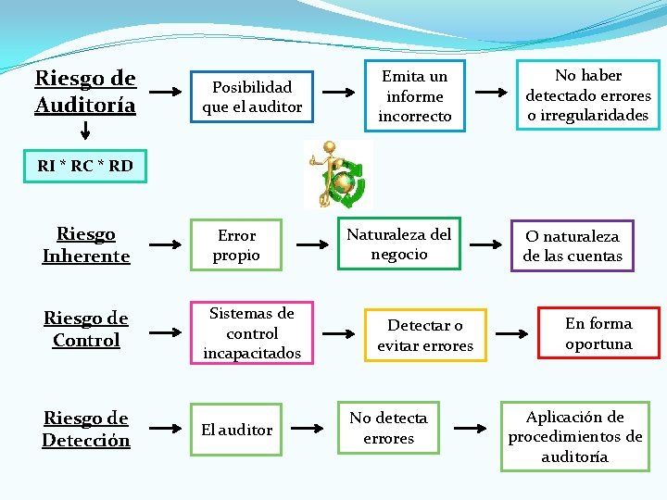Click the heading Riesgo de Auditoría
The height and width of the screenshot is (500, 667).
tap(85, 92)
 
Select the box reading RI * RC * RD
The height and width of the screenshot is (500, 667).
tap(85, 167)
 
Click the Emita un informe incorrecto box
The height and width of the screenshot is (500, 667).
tap(415, 96)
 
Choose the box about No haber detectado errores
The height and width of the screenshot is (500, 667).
tap(588, 95)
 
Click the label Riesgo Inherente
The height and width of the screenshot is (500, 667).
tap(86, 245)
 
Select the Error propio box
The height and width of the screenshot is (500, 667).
tap(236, 245)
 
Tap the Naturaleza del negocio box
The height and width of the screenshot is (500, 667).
tap(398, 244)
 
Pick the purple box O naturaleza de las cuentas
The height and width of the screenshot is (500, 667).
tap(573, 245)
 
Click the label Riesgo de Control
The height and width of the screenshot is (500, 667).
tap(86, 330)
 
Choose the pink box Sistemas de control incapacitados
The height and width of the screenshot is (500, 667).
tap(252, 333)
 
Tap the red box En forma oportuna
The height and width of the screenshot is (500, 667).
tap(598, 333)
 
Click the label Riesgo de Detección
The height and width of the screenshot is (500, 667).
tap(86, 430)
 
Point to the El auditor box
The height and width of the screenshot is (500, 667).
tap(237, 430)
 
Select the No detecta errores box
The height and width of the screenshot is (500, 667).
tap(388, 429)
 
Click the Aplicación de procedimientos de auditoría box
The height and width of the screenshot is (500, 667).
tap(575, 436)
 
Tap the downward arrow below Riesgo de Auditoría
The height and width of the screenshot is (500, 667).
tap(84, 136)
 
